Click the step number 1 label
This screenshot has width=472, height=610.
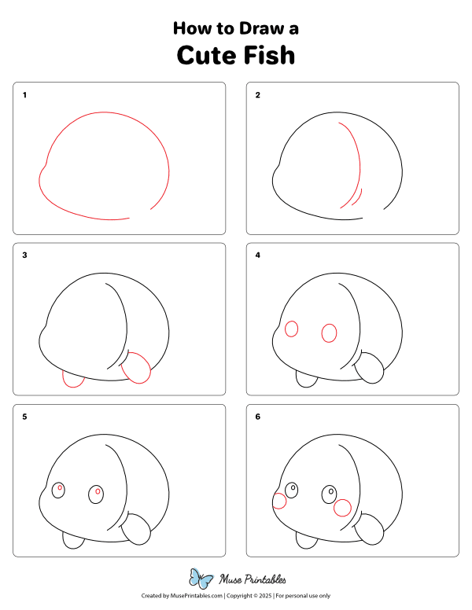pyautogui.click(x=24, y=95)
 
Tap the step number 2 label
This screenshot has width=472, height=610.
pyautogui.click(x=257, y=95)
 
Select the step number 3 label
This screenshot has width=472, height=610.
pyautogui.click(x=24, y=255)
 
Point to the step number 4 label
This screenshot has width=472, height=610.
pyautogui.click(x=257, y=255)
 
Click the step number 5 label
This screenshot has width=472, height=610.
pyautogui.click(x=24, y=417)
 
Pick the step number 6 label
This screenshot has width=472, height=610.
pyautogui.click(x=257, y=417)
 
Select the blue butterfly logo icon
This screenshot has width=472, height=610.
pyautogui.click(x=201, y=579)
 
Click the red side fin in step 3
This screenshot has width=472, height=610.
pyautogui.click(x=138, y=367)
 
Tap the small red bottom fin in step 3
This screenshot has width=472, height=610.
pyautogui.click(x=73, y=380)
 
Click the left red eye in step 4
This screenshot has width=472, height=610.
pyautogui.click(x=291, y=329)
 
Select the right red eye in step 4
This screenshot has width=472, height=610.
pyautogui.click(x=329, y=333)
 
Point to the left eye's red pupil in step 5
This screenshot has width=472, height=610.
pyautogui.click(x=59, y=488)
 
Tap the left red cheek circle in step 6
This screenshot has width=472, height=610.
pyautogui.click(x=278, y=501)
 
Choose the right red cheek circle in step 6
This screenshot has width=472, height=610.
pyautogui.click(x=342, y=508)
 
